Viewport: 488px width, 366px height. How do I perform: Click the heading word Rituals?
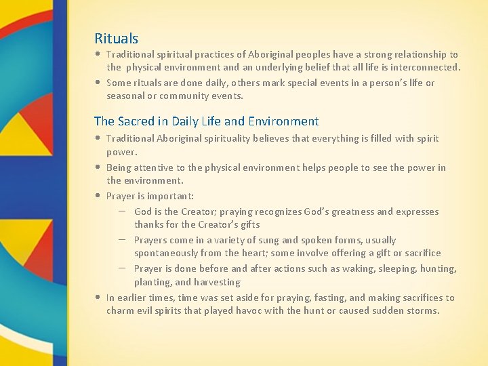[116, 39]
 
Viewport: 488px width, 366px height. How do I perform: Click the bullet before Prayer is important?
[99, 196]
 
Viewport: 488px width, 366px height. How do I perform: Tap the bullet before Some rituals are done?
[99, 83]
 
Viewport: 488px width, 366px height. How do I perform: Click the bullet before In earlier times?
[99, 298]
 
